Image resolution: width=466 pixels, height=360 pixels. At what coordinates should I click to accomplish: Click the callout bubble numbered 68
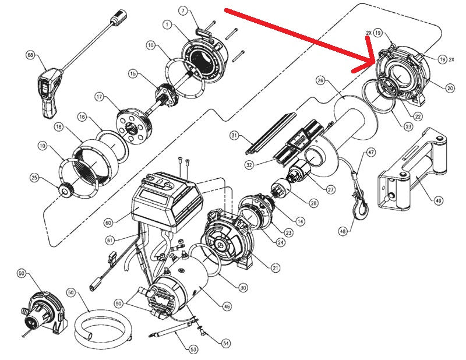pyautogui.click(x=31, y=56)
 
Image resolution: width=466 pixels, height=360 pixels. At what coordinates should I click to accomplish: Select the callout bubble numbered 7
pyautogui.click(x=182, y=10)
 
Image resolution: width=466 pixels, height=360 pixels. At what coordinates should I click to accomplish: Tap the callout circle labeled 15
pyautogui.click(x=133, y=74)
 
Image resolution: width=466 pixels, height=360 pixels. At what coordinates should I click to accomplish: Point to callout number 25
pyautogui.click(x=34, y=177)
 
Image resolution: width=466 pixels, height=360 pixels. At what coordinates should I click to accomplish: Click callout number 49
pyautogui.click(x=438, y=200)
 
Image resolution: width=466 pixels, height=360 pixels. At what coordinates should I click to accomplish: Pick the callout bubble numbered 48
pyautogui.click(x=342, y=231)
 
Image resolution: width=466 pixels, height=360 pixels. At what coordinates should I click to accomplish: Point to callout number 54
pyautogui.click(x=225, y=343)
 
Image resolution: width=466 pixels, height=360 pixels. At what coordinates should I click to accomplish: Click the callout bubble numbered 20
pyautogui.click(x=450, y=89)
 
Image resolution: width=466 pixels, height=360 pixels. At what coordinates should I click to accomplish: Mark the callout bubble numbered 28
pyautogui.click(x=314, y=203)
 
